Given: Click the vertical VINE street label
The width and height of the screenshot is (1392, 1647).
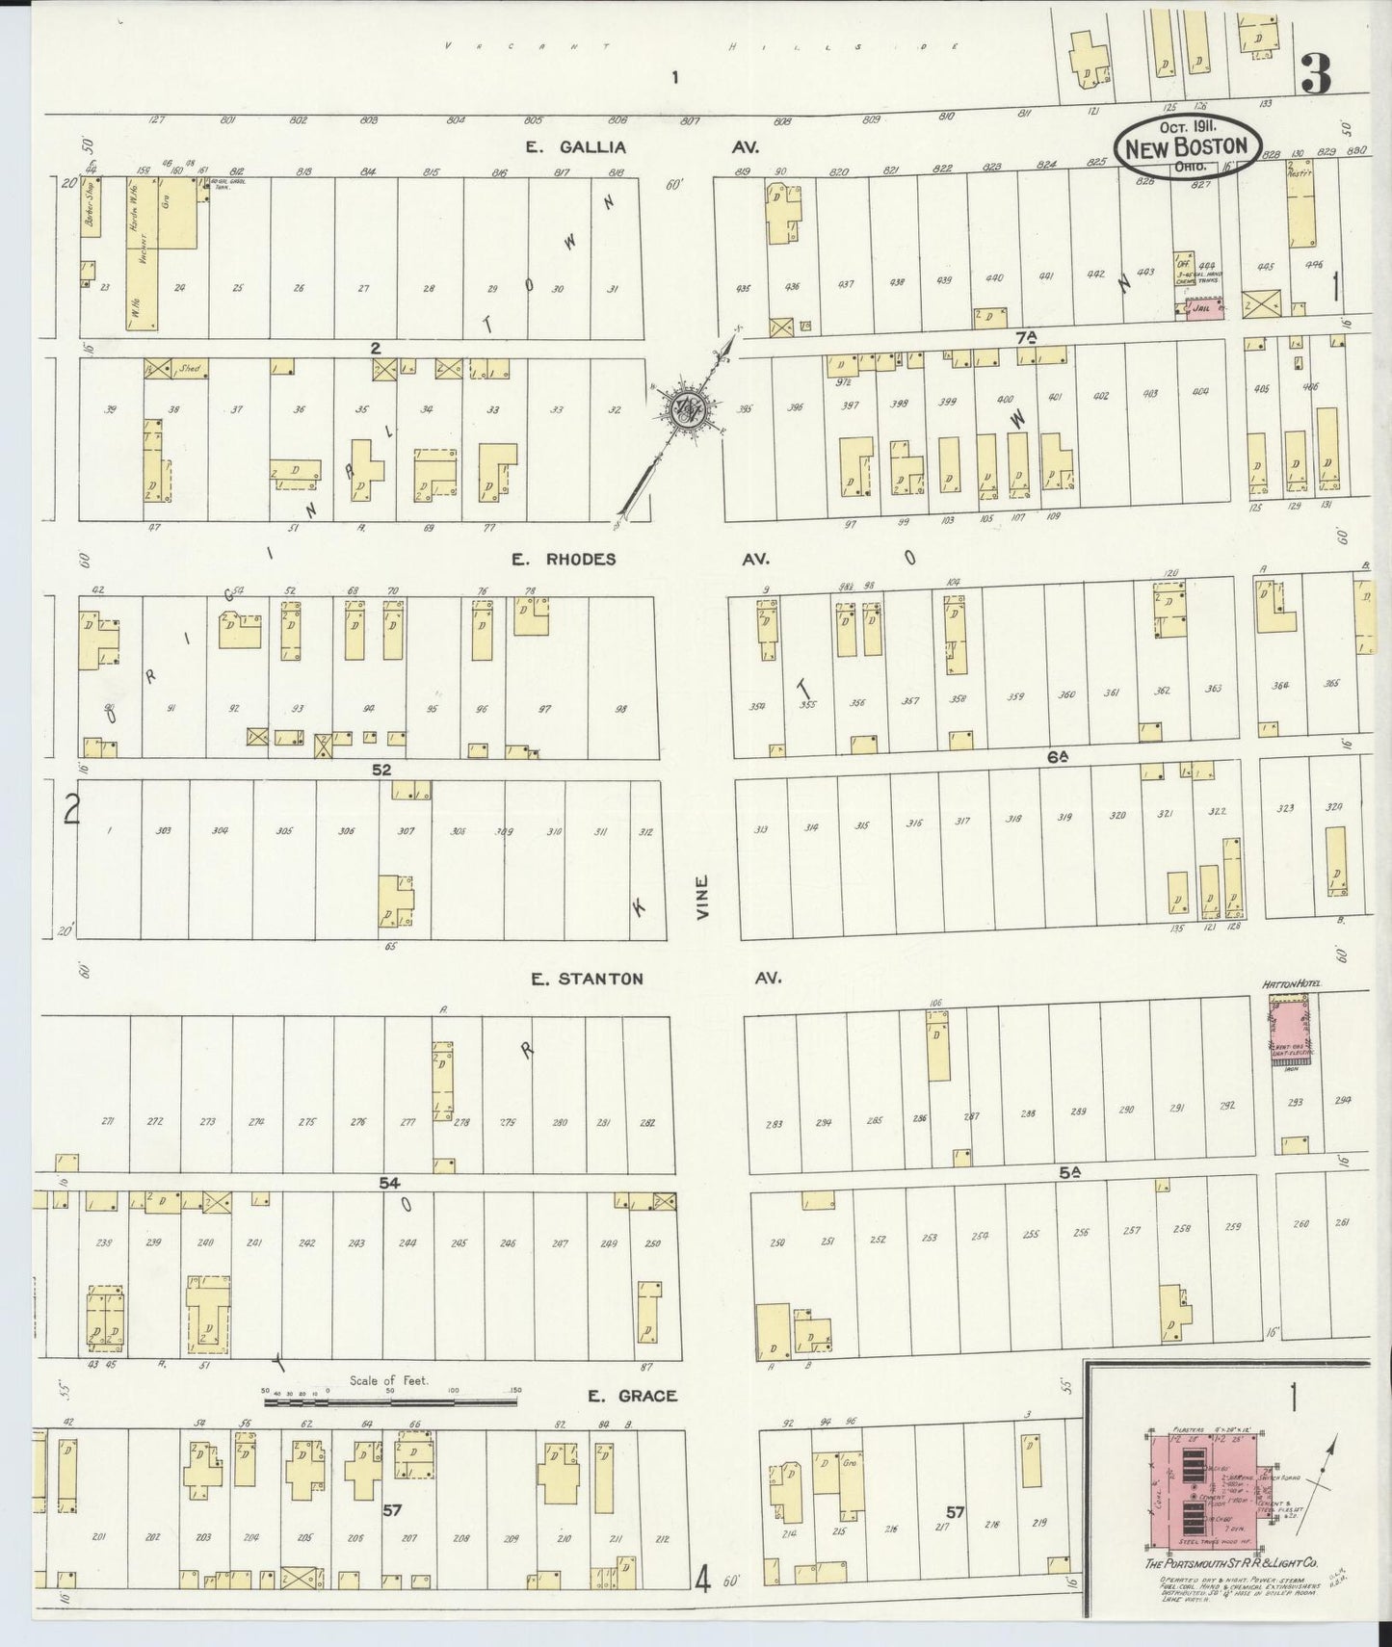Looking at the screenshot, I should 703,897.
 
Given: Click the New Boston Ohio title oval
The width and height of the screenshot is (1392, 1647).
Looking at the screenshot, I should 1188,147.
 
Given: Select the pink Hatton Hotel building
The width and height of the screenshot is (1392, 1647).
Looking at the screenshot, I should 1295,1031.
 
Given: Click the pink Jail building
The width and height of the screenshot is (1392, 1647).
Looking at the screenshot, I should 1204,309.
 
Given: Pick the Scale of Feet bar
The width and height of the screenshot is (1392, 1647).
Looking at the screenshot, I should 390,1402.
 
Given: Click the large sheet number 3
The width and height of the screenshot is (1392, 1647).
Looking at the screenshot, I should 1316,73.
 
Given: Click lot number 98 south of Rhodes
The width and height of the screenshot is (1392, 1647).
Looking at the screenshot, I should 621,709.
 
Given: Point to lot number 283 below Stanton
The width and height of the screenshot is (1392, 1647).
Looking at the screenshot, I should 773,1124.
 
